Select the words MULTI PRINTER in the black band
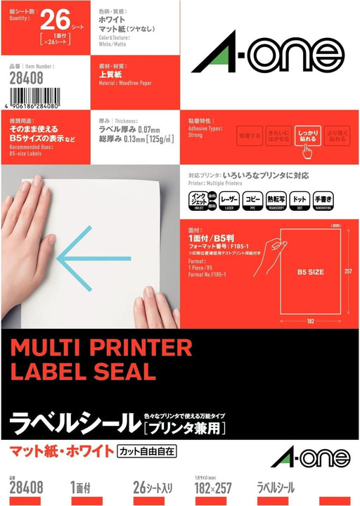point(102,347)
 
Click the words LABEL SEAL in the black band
point(83,371)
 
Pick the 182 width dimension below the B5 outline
point(309,323)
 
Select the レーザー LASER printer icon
point(230,200)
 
